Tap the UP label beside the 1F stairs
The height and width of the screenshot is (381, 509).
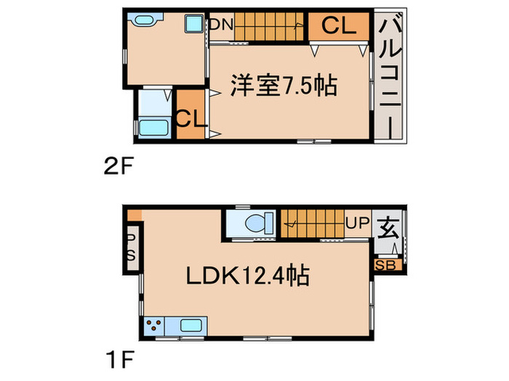pyautogui.click(x=358, y=224)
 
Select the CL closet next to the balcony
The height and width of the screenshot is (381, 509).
pyautogui.click(x=339, y=26)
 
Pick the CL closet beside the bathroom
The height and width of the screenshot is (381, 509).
pyautogui.click(x=191, y=116)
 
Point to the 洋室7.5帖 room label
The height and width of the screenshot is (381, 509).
pyautogui.click(x=283, y=86)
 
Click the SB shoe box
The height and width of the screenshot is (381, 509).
pyautogui.click(x=385, y=265)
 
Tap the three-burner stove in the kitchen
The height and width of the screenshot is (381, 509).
pyautogui.click(x=156, y=327)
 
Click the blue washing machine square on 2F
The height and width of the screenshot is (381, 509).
pyautogui.click(x=193, y=24)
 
